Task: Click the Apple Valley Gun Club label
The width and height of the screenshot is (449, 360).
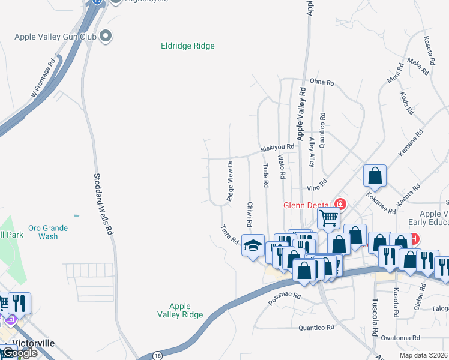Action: [x=55, y=37]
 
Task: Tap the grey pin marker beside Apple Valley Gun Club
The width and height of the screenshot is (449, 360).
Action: [x=107, y=37]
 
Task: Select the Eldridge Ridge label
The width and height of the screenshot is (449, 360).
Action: [x=188, y=46]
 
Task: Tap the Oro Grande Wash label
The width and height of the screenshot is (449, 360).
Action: [x=47, y=232]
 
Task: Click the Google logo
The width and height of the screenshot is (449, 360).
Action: [x=19, y=353]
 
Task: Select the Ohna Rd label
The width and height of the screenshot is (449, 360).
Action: [x=321, y=82]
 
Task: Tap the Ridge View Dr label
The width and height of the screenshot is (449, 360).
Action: [x=229, y=181]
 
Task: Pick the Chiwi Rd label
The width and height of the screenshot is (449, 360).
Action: [x=249, y=214]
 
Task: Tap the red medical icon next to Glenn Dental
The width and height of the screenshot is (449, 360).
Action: [x=340, y=205]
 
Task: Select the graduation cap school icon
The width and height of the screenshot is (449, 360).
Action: [x=253, y=245]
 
